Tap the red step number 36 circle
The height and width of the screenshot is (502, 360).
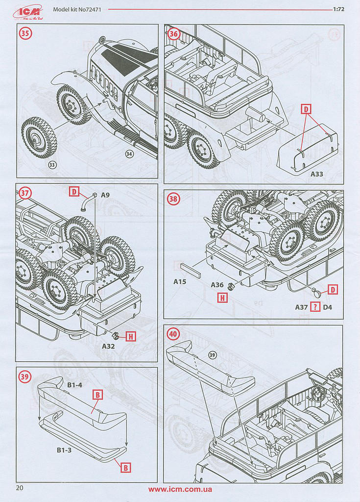[174, 34]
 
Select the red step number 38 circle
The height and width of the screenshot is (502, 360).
[173, 199]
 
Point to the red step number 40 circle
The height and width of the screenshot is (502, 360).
[173, 334]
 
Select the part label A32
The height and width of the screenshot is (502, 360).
[108, 346]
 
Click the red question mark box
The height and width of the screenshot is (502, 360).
[316, 307]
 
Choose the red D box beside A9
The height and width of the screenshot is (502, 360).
[74, 192]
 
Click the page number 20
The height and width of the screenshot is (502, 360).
[20, 488]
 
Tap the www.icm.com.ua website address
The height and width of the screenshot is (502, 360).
[180, 489]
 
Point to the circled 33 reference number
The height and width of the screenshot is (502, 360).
[52, 165]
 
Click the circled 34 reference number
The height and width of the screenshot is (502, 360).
[129, 154]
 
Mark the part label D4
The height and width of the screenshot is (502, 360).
[328, 307]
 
